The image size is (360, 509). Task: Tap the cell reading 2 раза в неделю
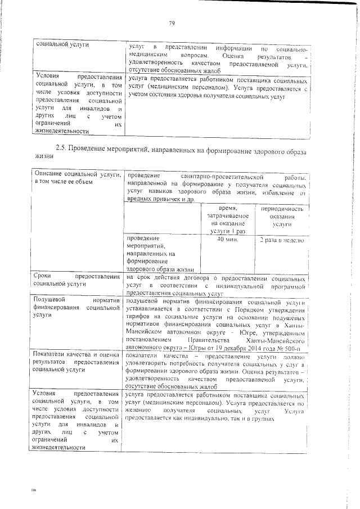[281, 240]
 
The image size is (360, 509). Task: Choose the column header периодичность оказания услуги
[281, 217]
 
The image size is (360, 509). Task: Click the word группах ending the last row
[263, 419]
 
